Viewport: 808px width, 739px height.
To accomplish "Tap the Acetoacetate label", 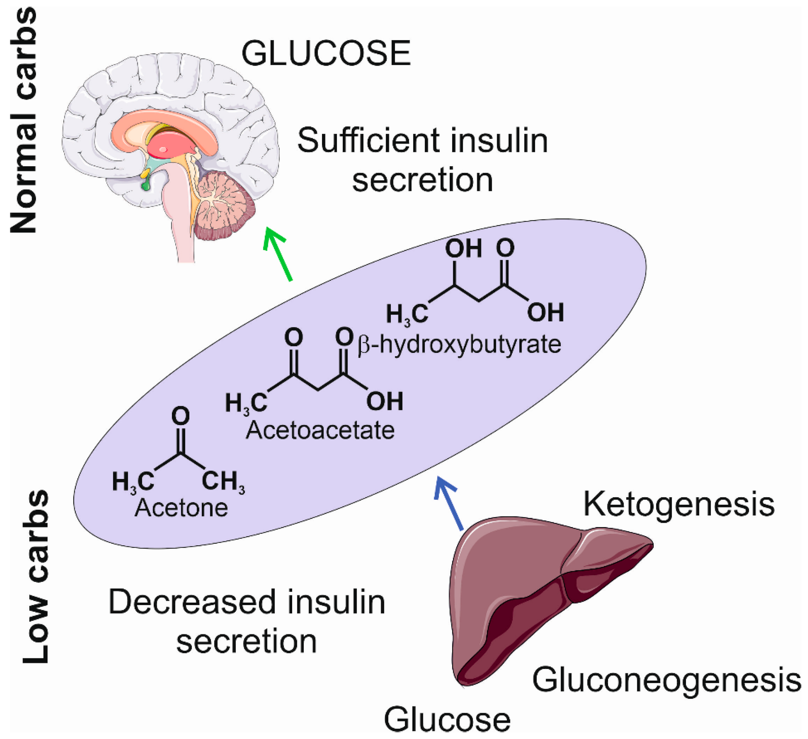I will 320,430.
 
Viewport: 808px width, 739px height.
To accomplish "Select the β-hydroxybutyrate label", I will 459,344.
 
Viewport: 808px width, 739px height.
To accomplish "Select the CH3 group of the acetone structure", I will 223,481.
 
